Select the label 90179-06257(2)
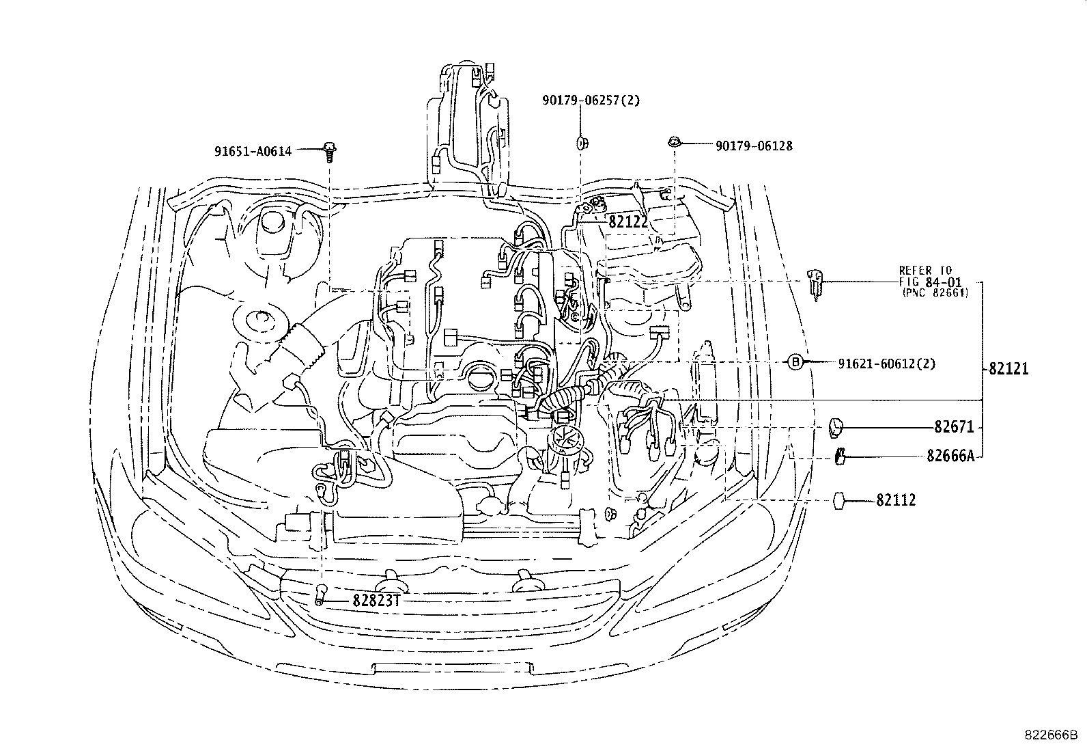(591, 100)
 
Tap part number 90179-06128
(754, 146)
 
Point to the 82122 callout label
(627, 221)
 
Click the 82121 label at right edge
(1008, 369)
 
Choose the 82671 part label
(954, 427)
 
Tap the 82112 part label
(896, 501)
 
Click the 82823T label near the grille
(375, 601)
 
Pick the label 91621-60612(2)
(886, 363)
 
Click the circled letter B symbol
(795, 363)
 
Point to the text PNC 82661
(935, 292)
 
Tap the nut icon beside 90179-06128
(674, 142)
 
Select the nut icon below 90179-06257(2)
(582, 143)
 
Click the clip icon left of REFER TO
(815, 282)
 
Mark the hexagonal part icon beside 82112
(841, 501)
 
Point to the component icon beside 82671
(837, 428)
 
